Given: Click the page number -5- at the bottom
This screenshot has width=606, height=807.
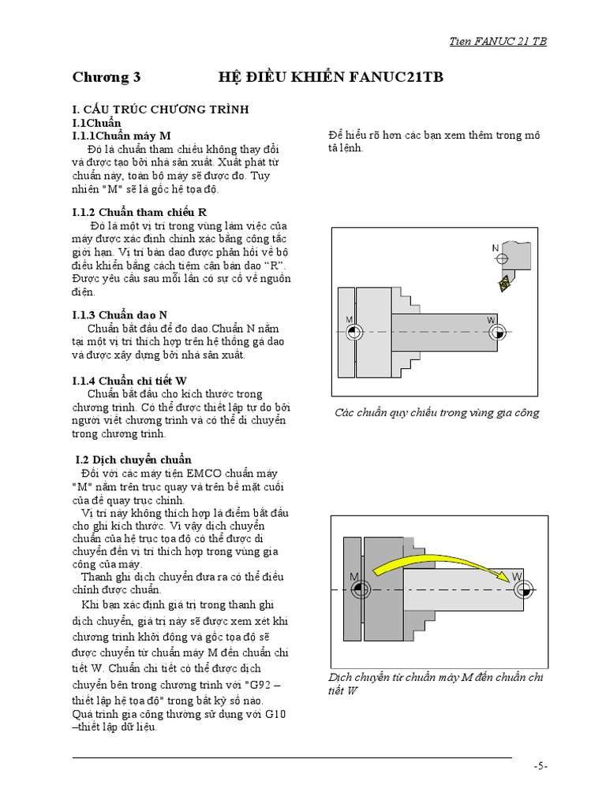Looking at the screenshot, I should click(540, 765).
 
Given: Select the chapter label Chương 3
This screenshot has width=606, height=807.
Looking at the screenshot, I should click(107, 77).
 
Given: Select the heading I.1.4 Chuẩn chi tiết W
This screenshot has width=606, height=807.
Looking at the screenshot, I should click(129, 381).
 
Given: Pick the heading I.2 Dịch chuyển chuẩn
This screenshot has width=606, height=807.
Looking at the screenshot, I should click(133, 459).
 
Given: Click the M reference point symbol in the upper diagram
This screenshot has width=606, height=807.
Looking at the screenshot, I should click(354, 333).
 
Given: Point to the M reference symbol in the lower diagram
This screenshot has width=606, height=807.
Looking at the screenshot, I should click(358, 589).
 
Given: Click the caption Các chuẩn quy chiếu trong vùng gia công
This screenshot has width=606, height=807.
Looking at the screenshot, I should click(436, 412).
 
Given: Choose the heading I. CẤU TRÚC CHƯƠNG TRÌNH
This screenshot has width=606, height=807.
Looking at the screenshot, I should click(160, 110).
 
